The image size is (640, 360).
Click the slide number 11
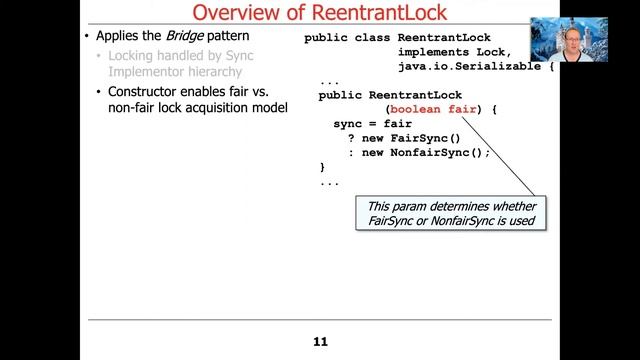(x=320, y=342)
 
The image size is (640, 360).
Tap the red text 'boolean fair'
(x=431, y=109)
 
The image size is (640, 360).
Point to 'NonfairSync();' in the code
(x=441, y=152)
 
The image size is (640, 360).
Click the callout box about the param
(x=452, y=212)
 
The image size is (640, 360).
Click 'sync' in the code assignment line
(x=347, y=124)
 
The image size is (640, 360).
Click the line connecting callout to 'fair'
(x=500, y=155)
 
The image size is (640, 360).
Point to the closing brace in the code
(x=322, y=166)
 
